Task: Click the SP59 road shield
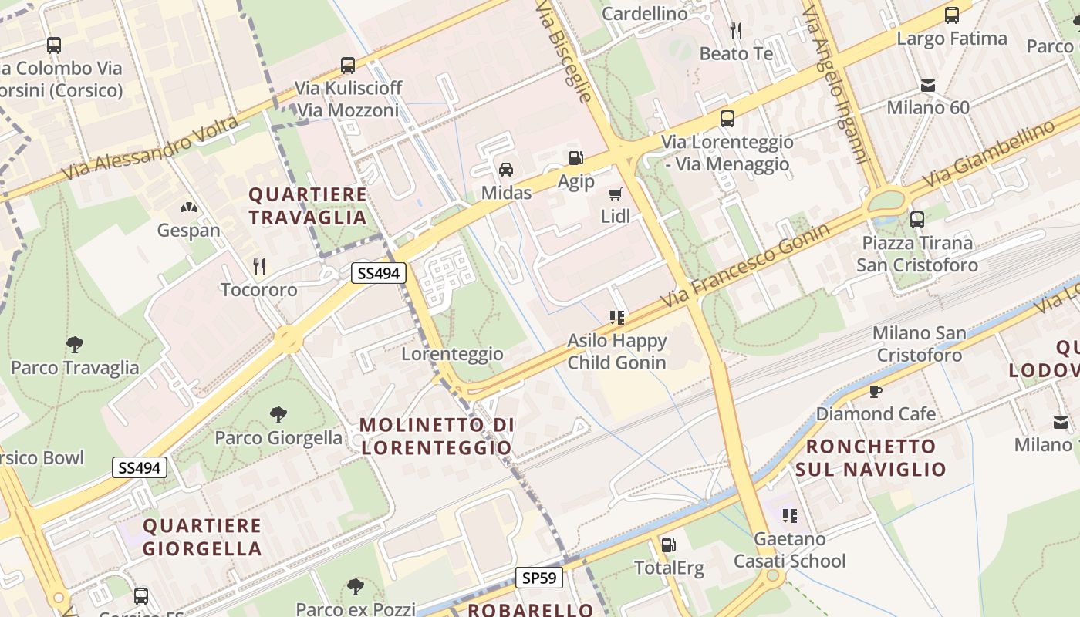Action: [539, 578]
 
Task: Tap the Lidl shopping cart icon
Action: [615, 194]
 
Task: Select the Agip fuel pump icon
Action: [575, 158]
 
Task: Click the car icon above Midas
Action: [506, 170]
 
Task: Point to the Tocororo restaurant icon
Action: [259, 267]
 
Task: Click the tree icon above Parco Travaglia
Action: [75, 344]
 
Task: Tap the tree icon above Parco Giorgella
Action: [278, 415]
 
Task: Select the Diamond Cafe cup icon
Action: [876, 391]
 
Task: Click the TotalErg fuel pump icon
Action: [669, 545]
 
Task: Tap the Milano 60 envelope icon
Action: [928, 85]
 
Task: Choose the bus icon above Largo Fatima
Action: [952, 15]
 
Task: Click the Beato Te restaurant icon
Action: [736, 30]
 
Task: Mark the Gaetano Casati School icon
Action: [789, 515]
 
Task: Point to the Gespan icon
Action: [188, 207]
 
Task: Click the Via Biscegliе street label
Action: [565, 51]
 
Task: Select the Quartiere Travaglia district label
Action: [308, 206]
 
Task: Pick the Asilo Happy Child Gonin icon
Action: [616, 317]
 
